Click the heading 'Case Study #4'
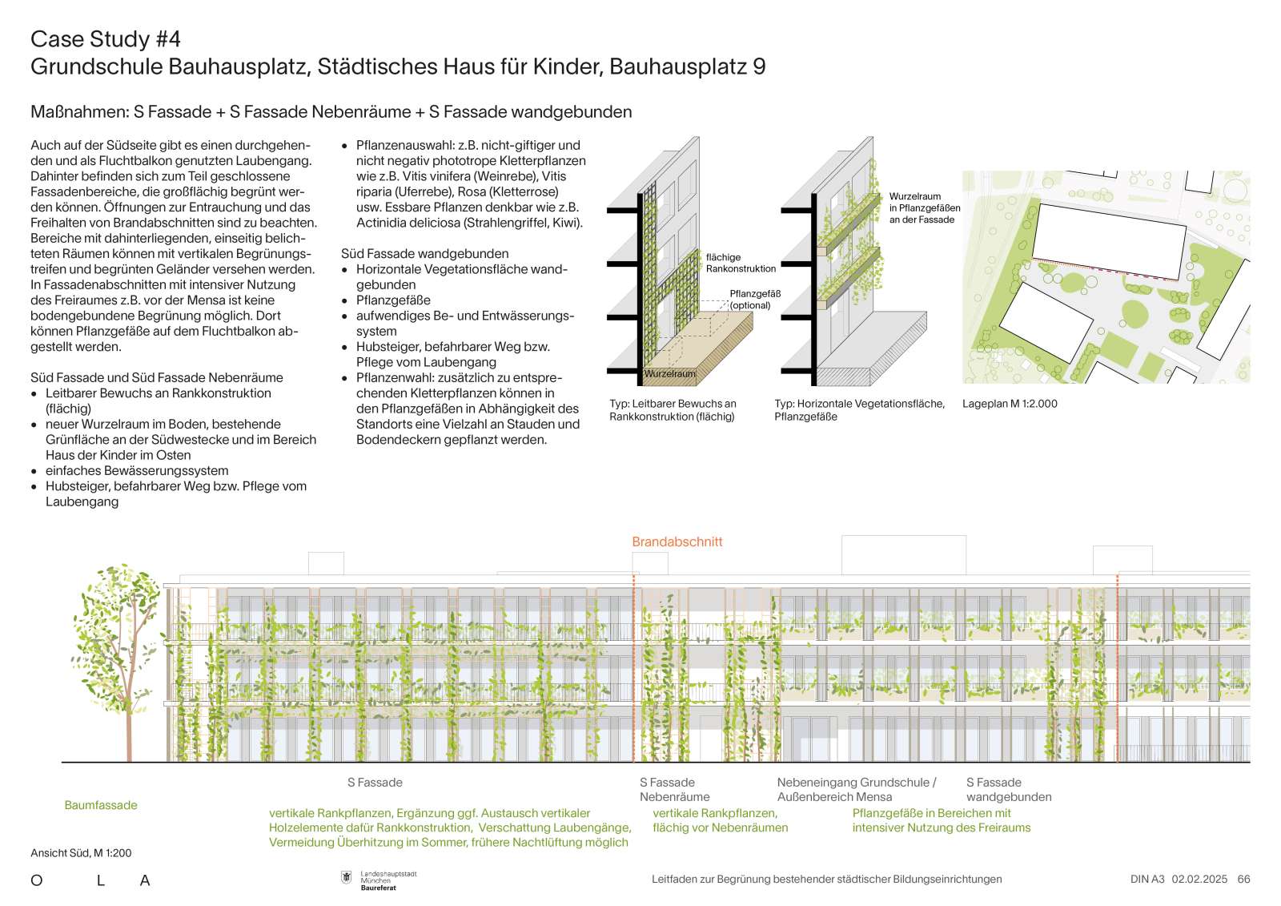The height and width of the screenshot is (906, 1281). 106,38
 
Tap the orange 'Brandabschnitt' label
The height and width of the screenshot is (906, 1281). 677,542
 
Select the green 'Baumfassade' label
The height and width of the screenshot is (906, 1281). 101,805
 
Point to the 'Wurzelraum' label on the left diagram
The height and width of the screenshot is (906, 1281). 670,374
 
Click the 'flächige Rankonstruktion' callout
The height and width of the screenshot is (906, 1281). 741,263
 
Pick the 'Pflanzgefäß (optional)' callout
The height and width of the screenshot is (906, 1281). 754,300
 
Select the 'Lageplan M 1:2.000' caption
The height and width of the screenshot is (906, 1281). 1010,404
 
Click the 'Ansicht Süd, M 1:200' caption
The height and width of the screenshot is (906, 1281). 81,853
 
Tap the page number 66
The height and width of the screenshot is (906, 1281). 1243,879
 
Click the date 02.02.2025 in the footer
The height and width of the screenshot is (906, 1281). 1199,879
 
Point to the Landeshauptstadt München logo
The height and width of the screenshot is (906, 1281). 379,880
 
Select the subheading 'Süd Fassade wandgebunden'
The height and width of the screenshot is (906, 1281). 425,253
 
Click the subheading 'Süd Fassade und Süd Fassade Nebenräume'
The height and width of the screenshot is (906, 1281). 157,377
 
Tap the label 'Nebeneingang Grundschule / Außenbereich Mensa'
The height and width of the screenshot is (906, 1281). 856,789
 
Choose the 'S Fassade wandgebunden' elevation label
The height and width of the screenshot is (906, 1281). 1008,789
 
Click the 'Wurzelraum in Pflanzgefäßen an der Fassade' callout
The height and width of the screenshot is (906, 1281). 924,207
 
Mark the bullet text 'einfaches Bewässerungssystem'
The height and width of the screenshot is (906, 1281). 137,471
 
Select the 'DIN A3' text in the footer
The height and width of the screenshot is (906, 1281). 1147,879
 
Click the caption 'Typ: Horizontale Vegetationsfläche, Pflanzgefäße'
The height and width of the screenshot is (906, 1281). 859,410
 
